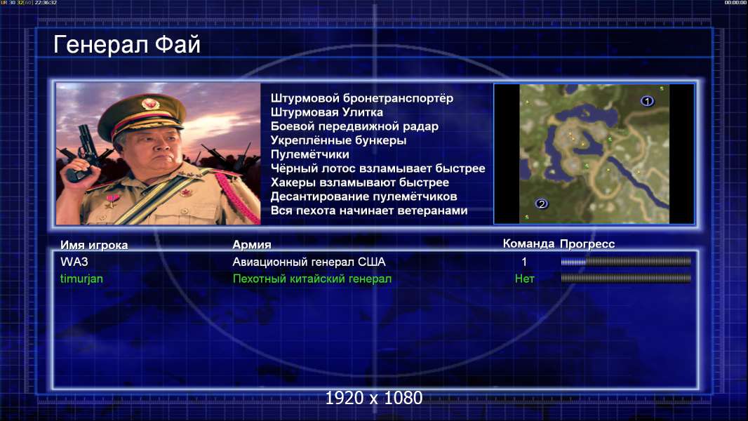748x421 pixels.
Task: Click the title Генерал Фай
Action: point(127,45)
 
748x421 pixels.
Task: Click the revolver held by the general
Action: point(81,152)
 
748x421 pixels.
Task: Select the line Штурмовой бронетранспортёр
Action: point(362,98)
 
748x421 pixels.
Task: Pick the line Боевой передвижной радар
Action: point(354,126)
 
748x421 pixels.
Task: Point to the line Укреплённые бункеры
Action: point(339,140)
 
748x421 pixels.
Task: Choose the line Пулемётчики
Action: point(310,154)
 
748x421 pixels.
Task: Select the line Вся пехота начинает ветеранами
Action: point(369,210)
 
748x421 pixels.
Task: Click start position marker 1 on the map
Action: point(647,101)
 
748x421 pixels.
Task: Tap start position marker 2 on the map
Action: point(541,204)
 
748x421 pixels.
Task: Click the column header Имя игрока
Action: point(94,245)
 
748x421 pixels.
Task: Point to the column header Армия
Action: point(252,245)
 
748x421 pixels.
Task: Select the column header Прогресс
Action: point(587,244)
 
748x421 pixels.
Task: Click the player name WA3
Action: point(74,262)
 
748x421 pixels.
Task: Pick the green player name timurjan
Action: point(81,279)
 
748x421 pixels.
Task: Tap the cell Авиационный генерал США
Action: point(309,262)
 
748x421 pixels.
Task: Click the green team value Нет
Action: point(525,279)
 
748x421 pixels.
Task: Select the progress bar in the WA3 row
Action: point(626,261)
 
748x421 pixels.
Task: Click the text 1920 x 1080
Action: point(374,398)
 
